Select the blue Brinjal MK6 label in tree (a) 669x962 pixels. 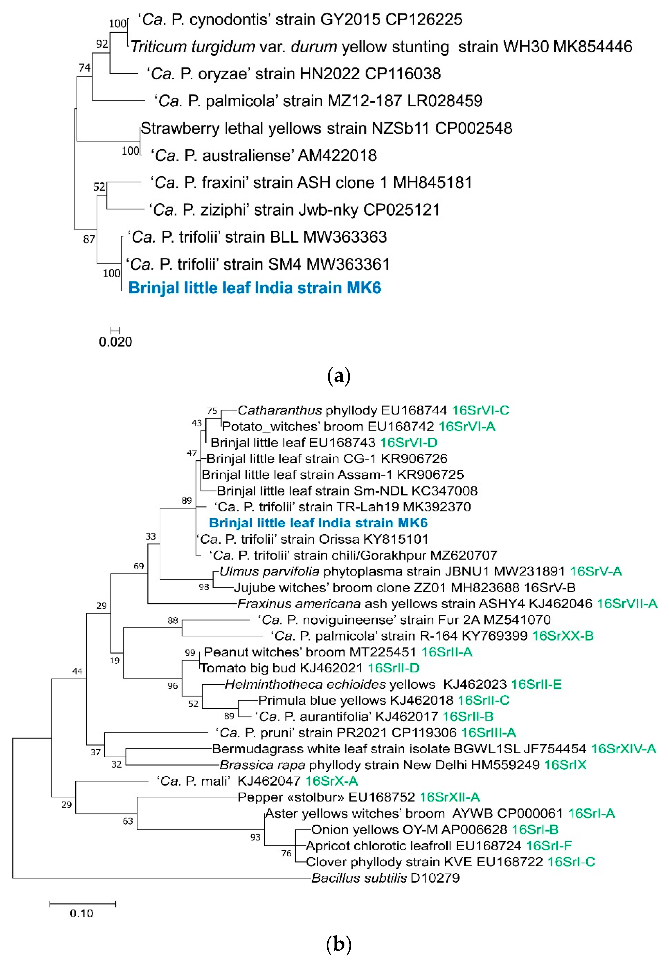254,288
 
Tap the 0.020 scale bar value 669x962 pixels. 115,342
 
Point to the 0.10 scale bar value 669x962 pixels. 81,913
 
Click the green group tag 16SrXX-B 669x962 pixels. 562,636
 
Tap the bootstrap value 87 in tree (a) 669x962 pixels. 89,239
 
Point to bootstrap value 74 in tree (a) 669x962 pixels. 85,68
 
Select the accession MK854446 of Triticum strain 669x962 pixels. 592,46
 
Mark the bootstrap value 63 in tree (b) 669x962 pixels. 128,821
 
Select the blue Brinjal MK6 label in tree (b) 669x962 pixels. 318,523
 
